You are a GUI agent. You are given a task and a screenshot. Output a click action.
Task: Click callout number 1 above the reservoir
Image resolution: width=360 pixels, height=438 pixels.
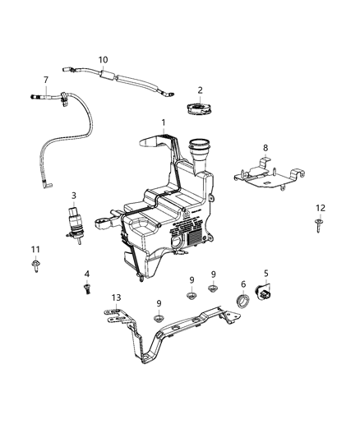tap(164, 123)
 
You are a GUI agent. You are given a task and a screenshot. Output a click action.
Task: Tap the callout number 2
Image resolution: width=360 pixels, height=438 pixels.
tap(200, 90)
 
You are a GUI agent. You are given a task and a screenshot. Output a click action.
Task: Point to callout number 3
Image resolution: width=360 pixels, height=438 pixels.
tap(73, 196)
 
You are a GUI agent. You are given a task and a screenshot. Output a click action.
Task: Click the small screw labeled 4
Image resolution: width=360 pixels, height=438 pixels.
tap(85, 288)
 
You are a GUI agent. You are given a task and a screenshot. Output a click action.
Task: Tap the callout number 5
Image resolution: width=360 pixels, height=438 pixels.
tap(265, 274)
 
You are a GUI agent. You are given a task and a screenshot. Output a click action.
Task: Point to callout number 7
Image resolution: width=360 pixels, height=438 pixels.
tap(46, 80)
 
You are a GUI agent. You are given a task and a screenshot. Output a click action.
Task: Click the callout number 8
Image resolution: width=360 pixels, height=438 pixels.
tap(265, 148)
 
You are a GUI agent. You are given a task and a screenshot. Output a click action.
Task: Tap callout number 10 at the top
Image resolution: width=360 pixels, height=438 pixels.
tap(103, 60)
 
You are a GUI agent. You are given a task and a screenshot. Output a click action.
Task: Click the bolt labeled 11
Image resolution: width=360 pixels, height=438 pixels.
tap(36, 265)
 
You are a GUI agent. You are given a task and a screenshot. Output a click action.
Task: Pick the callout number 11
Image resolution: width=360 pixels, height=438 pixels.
tap(35, 249)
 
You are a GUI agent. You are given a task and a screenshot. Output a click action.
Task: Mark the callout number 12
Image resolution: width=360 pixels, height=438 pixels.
tap(321, 207)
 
